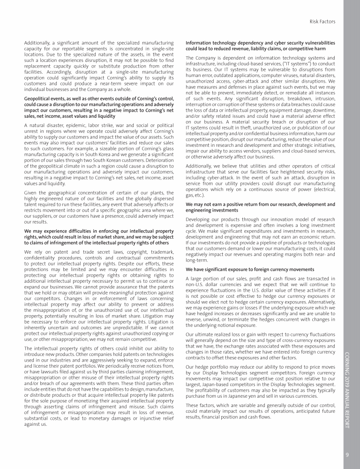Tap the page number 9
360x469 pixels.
(x=347, y=454)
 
